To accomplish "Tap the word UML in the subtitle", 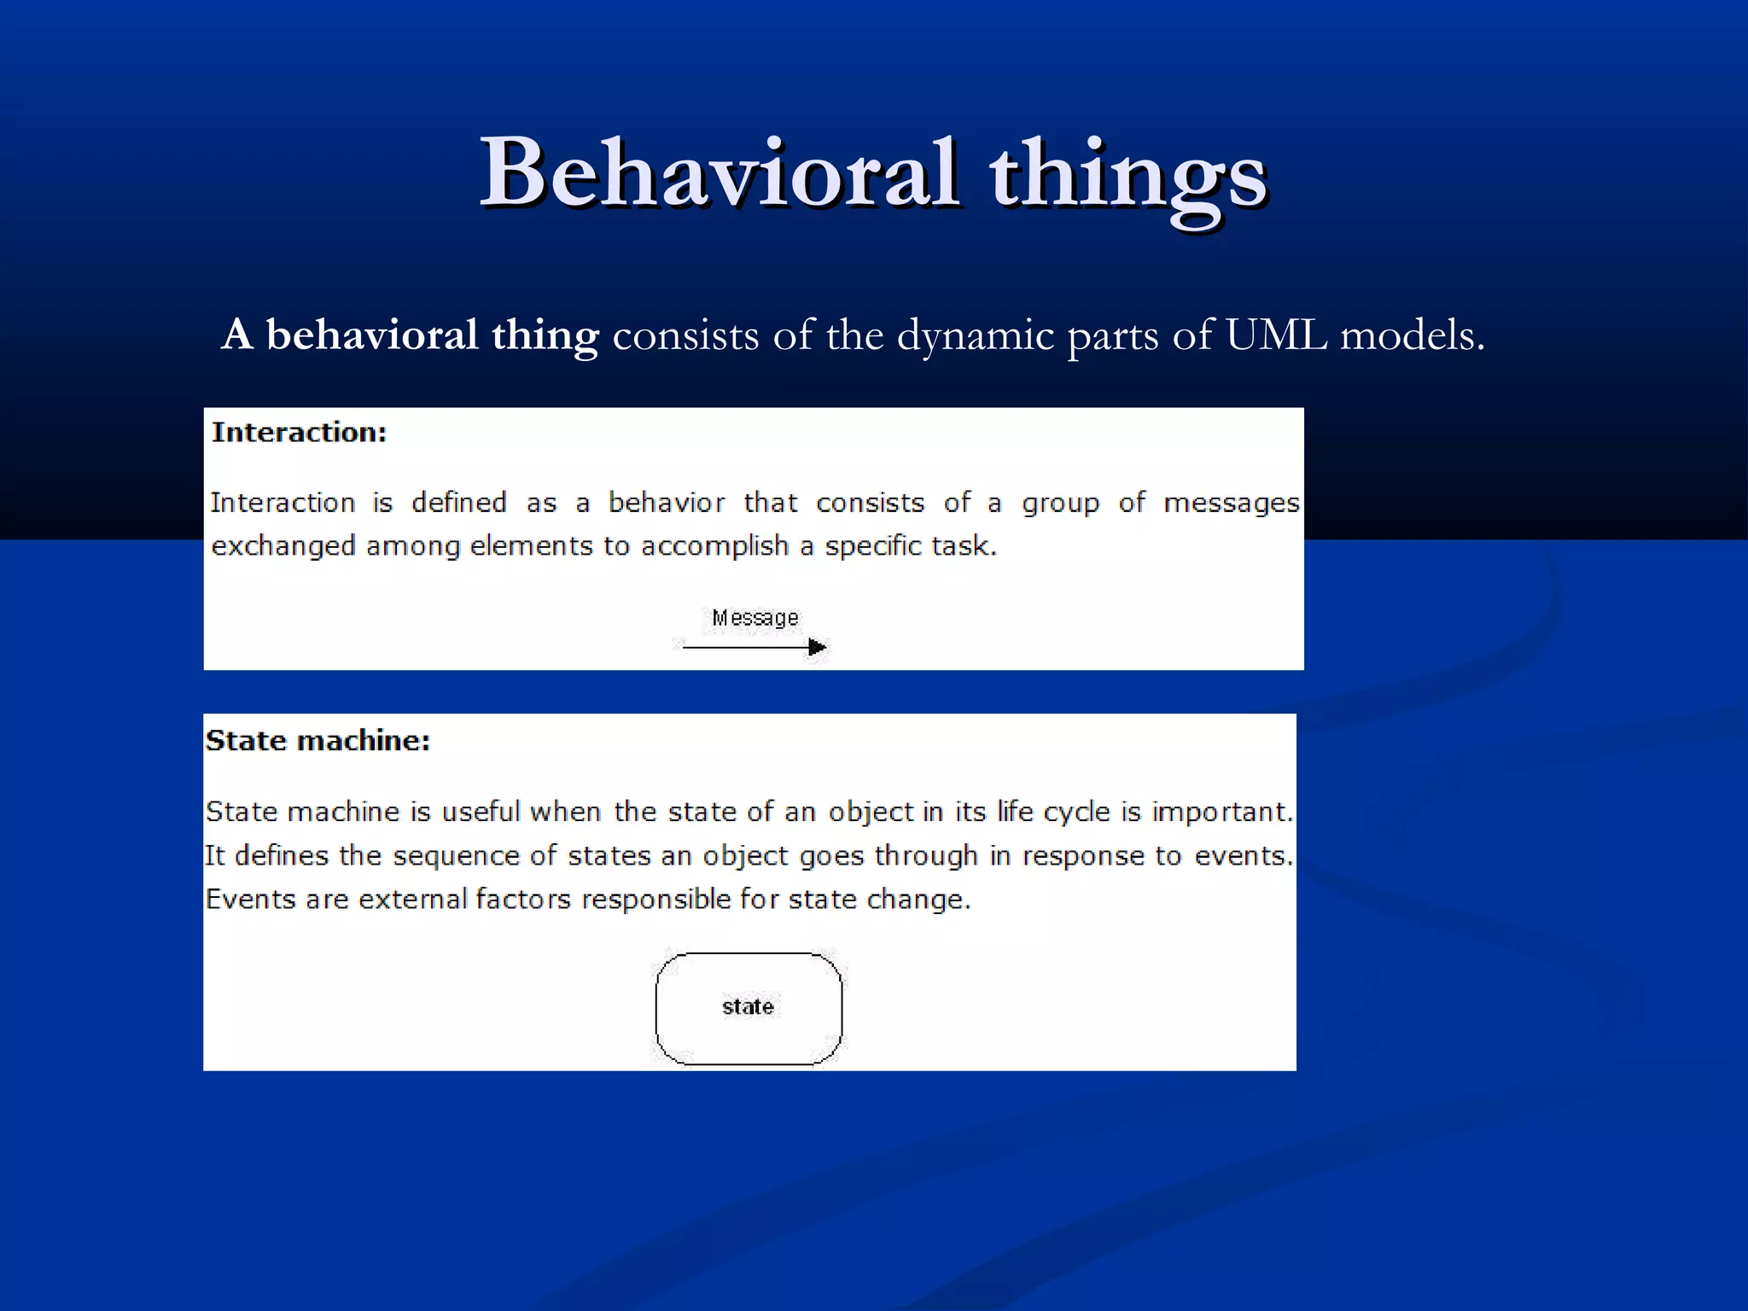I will (x=1276, y=335).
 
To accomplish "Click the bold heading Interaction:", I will (x=299, y=433).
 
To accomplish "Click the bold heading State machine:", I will (x=318, y=741).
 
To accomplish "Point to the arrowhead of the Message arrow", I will (x=817, y=647).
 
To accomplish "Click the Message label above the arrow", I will (x=755, y=618).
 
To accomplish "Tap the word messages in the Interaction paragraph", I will (x=1231, y=504).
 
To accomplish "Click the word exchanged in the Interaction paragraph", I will (x=283, y=546).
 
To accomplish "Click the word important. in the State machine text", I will (x=1221, y=812).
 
